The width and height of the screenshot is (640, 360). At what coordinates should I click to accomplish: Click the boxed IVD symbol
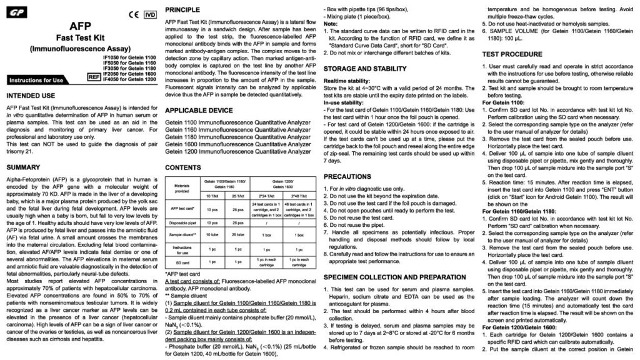point(149,13)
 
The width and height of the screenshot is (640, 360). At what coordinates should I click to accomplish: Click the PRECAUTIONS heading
point(350,177)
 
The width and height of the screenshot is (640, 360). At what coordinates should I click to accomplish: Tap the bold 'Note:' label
point(332,23)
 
